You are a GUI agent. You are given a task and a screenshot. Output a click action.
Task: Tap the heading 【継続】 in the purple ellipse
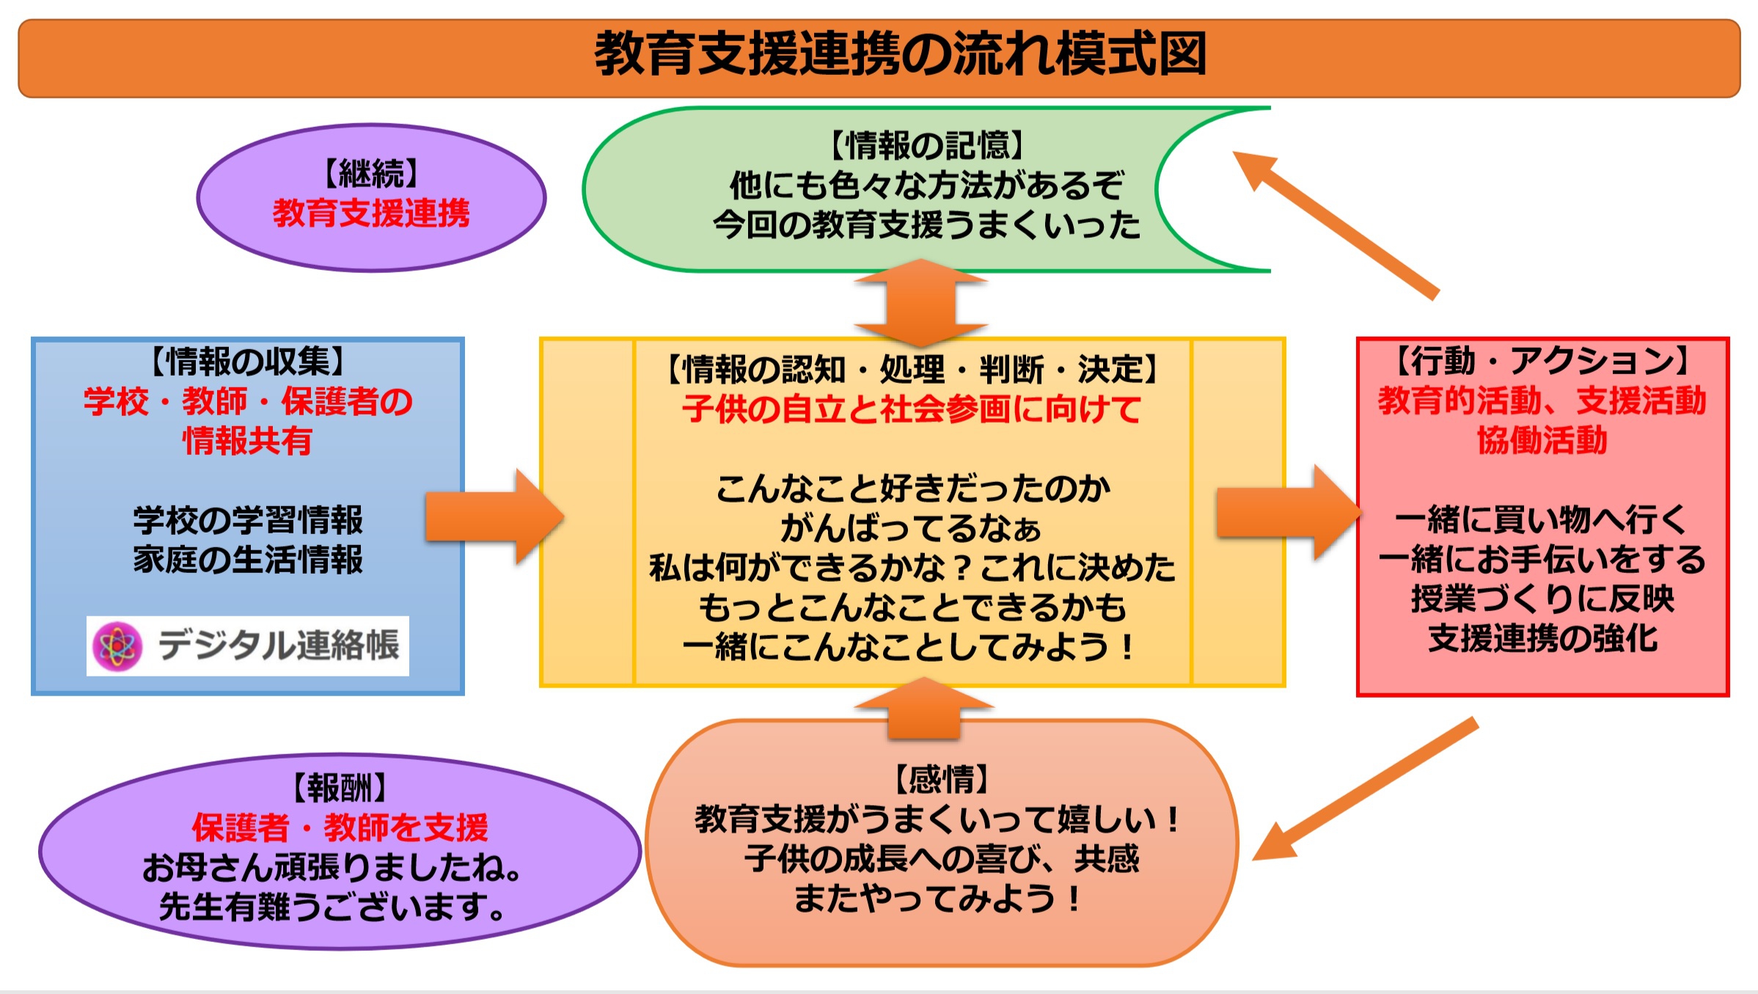pos(371,174)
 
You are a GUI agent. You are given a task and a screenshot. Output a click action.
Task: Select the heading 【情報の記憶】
pos(926,145)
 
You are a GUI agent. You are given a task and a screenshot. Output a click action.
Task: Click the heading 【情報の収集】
pos(248,361)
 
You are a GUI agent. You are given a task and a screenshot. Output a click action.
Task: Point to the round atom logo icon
pos(117,646)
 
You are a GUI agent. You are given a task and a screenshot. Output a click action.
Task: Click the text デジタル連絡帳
pos(279,646)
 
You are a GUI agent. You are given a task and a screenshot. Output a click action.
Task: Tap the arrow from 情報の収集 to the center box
pos(493,516)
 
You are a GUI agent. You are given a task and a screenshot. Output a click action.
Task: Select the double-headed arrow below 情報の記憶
pos(921,302)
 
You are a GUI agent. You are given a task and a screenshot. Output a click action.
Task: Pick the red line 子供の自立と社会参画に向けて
pos(912,409)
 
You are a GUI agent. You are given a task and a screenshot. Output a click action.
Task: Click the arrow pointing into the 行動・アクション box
pos(1286,513)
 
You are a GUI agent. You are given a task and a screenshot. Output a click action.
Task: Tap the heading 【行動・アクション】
pos(1542,361)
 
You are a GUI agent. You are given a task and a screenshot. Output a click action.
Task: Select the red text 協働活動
pos(1542,440)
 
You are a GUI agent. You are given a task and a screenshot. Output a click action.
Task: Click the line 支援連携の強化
pos(1542,638)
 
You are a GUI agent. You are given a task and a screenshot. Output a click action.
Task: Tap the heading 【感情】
pos(942,778)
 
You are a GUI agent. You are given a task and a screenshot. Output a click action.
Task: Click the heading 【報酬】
pos(340,788)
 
